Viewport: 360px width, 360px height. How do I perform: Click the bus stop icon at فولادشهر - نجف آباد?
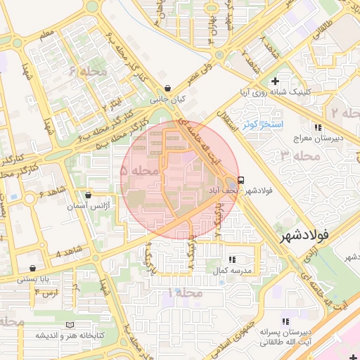241,179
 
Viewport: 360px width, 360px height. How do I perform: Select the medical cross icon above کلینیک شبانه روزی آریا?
276,82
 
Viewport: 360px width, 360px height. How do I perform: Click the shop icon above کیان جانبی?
167,89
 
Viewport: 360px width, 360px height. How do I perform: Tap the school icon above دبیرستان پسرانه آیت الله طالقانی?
285,321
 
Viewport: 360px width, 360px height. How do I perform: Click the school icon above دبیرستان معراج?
318,127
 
